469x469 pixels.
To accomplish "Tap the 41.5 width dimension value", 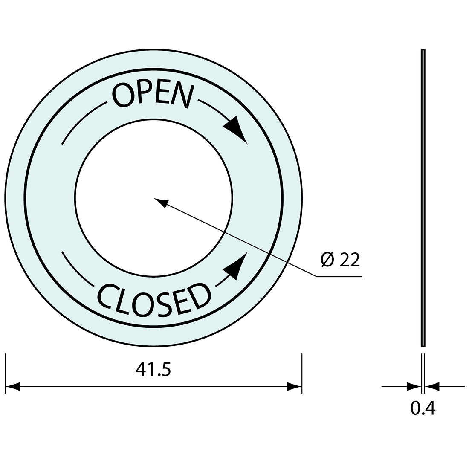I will pyautogui.click(x=153, y=369).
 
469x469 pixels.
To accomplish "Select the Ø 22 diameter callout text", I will pyautogui.click(x=341, y=260).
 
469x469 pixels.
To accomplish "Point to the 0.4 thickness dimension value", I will pyautogui.click(x=423, y=408).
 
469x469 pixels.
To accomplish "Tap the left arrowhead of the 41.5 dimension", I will pyautogui.click(x=12, y=387).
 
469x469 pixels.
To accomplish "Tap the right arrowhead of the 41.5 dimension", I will pyautogui.click(x=295, y=387).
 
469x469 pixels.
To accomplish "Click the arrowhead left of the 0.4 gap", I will pyautogui.click(x=414, y=387).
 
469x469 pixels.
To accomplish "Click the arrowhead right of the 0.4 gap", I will pyautogui.click(x=432, y=387).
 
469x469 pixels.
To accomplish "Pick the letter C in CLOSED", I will pyautogui.click(x=105, y=295).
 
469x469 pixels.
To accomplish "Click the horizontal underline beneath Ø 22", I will pyautogui.click(x=339, y=277).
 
